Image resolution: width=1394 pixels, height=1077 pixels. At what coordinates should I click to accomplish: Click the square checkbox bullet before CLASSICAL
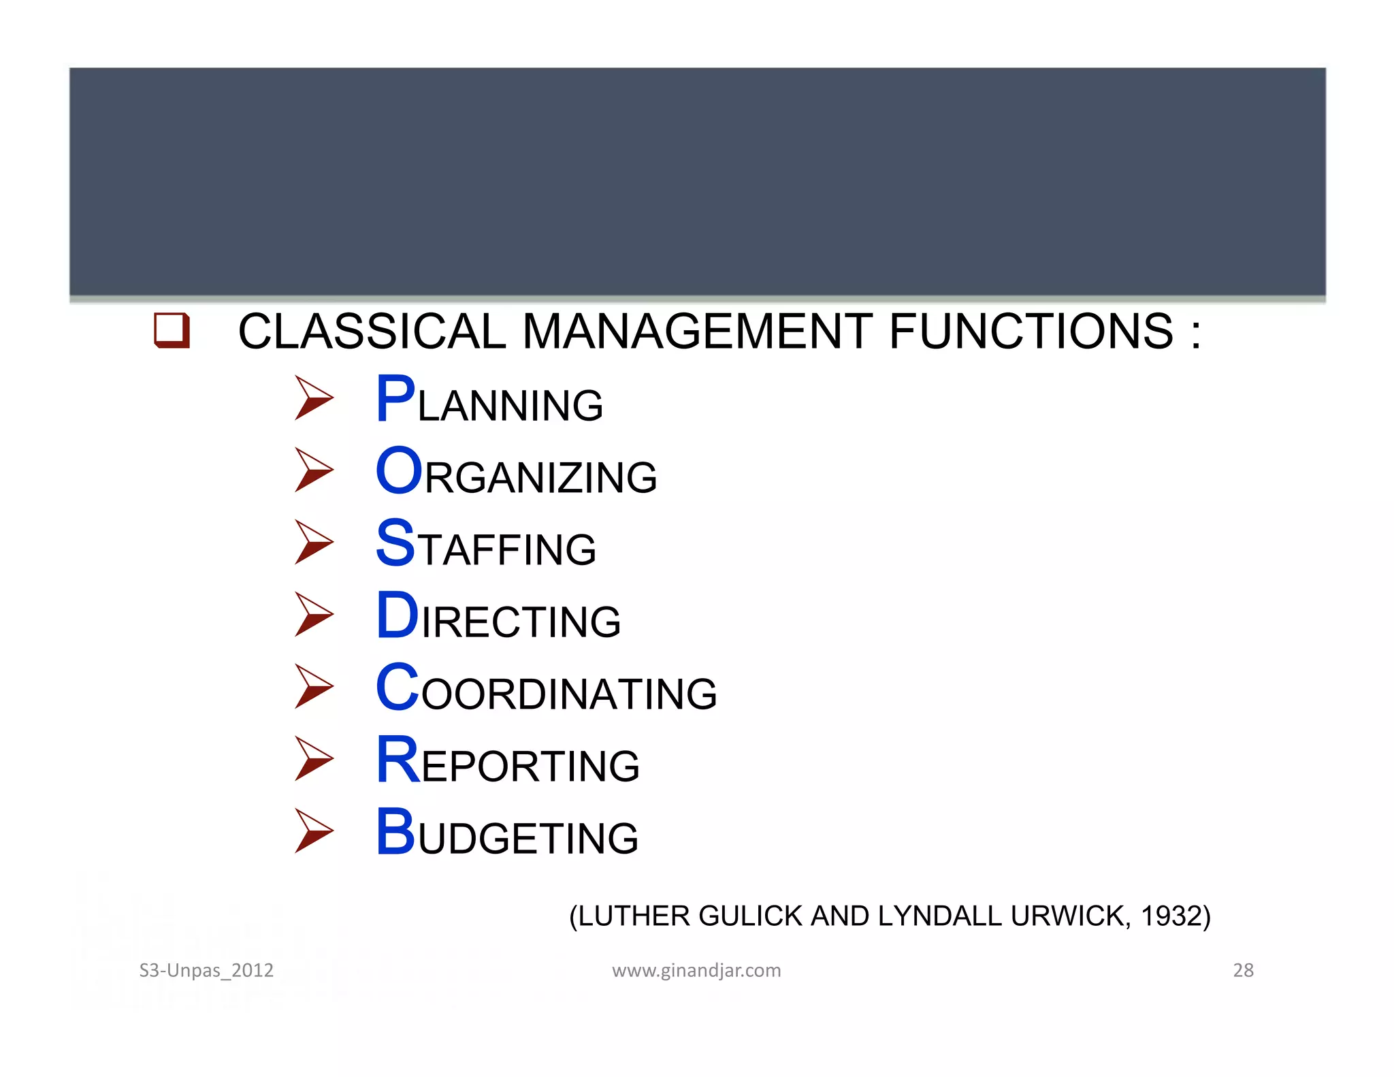point(172,330)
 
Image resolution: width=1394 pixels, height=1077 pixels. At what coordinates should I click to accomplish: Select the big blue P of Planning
point(395,400)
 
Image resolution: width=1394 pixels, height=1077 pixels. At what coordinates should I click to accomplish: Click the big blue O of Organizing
point(400,471)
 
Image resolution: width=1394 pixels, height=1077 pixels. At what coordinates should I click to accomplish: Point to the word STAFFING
point(486,545)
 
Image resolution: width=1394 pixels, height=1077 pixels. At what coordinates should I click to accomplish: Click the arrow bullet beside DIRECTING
point(314,614)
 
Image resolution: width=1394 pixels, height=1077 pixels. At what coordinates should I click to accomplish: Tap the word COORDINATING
point(547,689)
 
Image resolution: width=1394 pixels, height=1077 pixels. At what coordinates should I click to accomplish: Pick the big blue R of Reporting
point(398,760)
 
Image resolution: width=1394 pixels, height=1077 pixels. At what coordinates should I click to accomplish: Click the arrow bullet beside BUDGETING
point(314,831)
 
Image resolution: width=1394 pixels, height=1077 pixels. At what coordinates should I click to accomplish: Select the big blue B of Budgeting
point(395,832)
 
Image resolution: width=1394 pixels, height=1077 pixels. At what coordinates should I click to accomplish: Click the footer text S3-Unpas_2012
point(206,970)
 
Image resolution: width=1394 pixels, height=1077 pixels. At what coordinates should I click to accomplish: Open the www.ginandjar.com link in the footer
point(696,970)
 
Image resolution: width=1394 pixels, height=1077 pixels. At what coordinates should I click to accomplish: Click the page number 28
point(1243,970)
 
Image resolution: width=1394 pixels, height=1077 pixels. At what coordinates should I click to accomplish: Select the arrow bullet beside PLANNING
point(314,398)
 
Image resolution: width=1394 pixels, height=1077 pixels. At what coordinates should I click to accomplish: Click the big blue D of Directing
point(397,615)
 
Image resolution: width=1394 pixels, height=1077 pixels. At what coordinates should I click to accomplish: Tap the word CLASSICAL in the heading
point(372,332)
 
